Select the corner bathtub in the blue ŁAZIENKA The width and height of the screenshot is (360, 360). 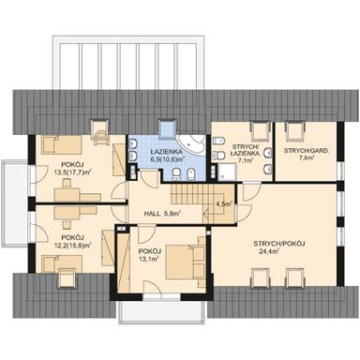[x=194, y=143]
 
